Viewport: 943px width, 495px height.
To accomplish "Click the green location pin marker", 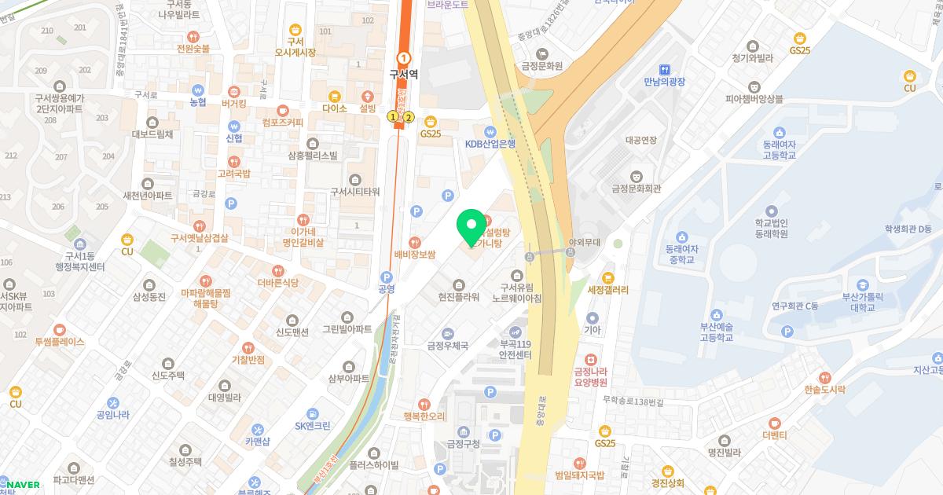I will point(471,228).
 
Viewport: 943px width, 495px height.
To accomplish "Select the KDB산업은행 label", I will point(490,144).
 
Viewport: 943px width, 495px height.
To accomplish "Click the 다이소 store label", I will point(334,108).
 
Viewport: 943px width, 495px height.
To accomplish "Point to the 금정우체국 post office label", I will point(447,345).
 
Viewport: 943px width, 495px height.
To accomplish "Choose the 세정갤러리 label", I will point(607,289).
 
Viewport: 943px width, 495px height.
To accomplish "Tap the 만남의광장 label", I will point(665,81).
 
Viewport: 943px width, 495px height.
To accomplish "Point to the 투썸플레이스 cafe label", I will point(59,342).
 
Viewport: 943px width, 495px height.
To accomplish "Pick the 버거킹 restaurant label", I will point(233,103).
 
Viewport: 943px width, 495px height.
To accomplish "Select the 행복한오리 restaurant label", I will point(424,416).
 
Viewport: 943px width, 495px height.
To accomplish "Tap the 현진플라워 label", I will point(459,296).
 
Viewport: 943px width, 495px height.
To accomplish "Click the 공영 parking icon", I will point(386,277).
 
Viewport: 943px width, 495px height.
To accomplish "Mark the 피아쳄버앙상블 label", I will point(754,98).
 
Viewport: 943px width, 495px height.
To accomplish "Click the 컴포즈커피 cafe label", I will point(283,123).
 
